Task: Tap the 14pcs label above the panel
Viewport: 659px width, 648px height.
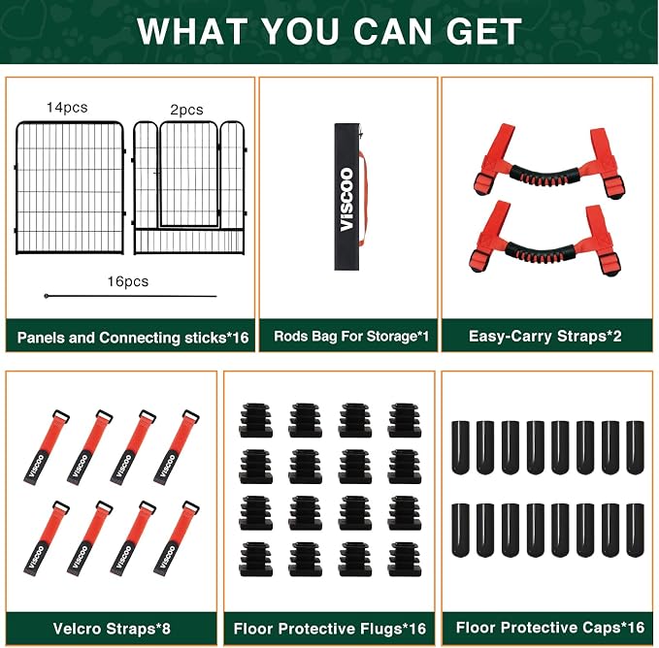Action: tap(67, 108)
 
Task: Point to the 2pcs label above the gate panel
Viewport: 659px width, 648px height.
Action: tap(186, 110)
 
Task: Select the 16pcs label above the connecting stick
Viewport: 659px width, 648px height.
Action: tap(128, 281)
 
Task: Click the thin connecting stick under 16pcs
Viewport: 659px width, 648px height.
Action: tap(130, 296)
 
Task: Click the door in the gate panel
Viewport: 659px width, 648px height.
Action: tap(189, 175)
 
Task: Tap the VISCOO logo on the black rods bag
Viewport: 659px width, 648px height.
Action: tap(346, 200)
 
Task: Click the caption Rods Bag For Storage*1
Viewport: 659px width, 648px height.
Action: tap(351, 337)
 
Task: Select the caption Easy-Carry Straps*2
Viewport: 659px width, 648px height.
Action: tap(545, 337)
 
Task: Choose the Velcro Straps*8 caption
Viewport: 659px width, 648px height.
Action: tap(112, 629)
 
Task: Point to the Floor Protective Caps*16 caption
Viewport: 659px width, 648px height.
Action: tap(550, 628)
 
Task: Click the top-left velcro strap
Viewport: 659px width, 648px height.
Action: tap(47, 447)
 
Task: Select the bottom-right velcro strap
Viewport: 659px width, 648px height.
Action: tap(176, 538)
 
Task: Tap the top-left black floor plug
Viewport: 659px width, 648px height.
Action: tap(255, 420)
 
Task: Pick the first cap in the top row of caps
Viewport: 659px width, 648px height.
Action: tap(460, 447)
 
